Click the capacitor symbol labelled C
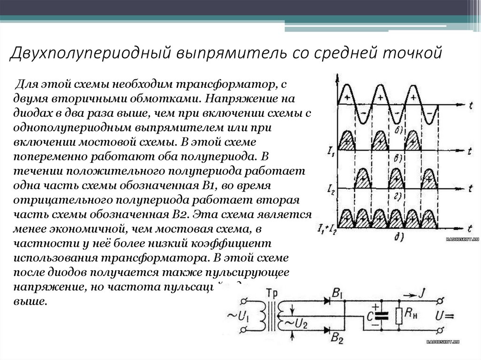pyautogui.click(x=381, y=316)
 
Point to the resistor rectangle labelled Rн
pyautogui.click(x=399, y=316)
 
